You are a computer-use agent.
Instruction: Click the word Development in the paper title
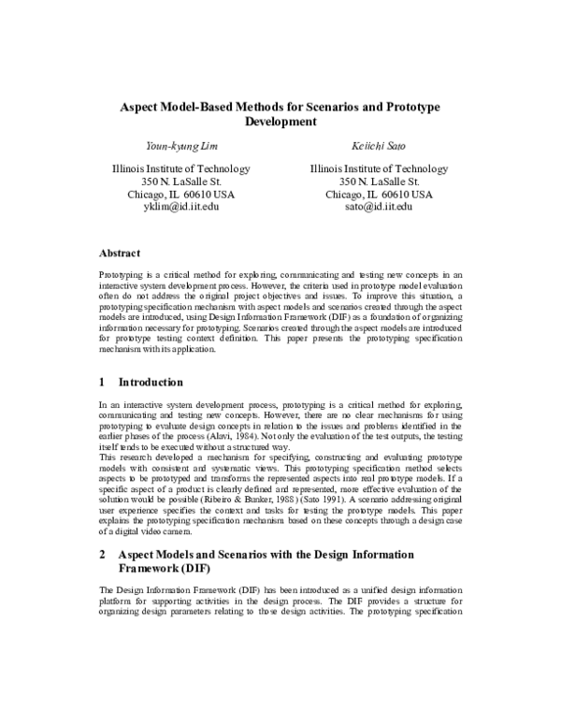tap(280, 122)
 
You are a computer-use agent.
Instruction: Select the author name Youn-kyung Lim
tap(180, 146)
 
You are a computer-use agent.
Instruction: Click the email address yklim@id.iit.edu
tap(180, 207)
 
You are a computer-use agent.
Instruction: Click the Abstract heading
tap(120, 253)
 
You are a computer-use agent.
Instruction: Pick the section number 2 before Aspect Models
tap(103, 554)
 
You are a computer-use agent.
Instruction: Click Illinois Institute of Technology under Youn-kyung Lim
tap(180, 169)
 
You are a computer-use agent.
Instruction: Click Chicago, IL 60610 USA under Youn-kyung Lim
tap(180, 194)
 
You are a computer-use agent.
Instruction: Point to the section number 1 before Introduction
tap(103, 383)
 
